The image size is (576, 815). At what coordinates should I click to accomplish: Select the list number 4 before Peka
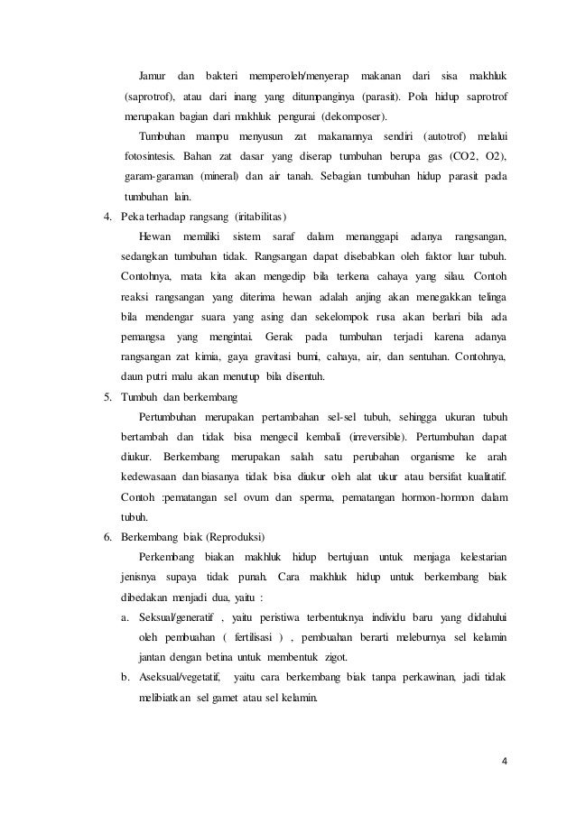(x=107, y=218)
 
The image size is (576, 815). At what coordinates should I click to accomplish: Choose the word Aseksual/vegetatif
(x=178, y=676)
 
